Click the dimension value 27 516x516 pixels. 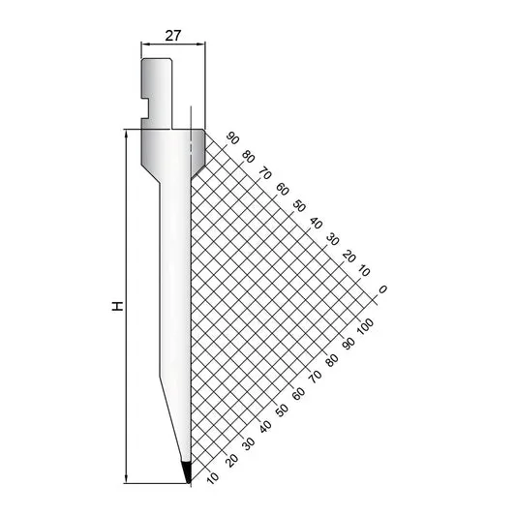click(173, 36)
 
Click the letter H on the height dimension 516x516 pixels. click(117, 306)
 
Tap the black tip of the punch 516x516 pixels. click(187, 472)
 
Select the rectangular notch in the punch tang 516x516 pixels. click(145, 107)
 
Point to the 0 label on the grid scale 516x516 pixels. click(382, 289)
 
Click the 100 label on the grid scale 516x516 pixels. click(365, 327)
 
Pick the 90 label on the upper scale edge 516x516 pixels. click(233, 138)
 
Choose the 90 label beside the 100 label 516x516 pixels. click(349, 343)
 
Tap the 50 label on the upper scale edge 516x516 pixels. click(299, 206)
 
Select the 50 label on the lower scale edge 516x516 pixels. click(282, 410)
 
